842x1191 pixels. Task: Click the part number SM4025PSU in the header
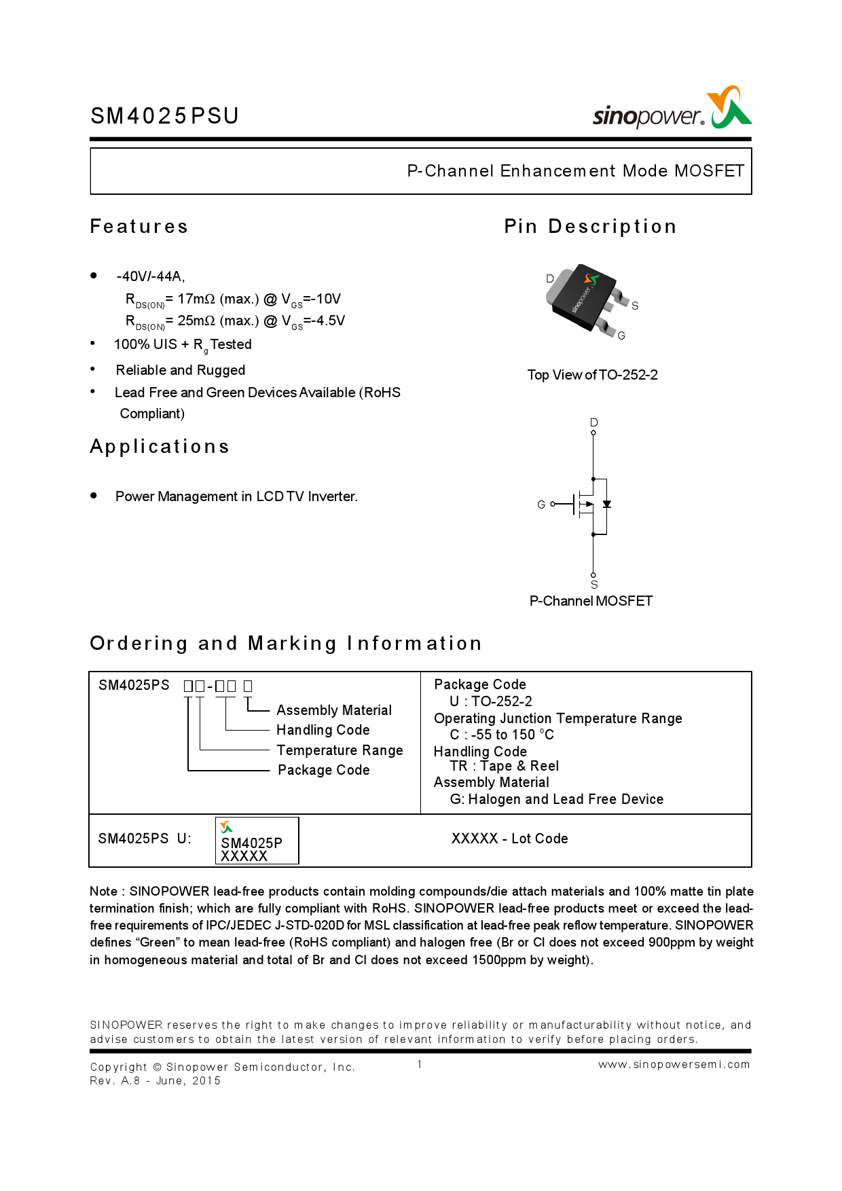pyautogui.click(x=164, y=116)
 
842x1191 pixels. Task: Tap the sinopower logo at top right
pyautogui.click(x=672, y=110)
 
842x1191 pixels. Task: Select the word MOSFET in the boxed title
pyautogui.click(x=709, y=171)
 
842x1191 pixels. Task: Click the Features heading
pyautogui.click(x=139, y=227)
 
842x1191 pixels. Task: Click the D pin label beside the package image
pyautogui.click(x=550, y=278)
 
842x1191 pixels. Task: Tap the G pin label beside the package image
pyautogui.click(x=621, y=335)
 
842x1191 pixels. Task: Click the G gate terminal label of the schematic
pyautogui.click(x=541, y=505)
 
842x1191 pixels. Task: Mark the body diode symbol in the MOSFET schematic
pyautogui.click(x=607, y=505)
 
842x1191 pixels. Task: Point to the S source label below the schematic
pyautogui.click(x=594, y=585)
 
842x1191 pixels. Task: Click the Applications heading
pyautogui.click(x=160, y=447)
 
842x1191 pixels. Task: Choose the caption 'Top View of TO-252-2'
pyautogui.click(x=592, y=375)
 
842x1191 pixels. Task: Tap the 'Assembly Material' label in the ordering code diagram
pyautogui.click(x=334, y=710)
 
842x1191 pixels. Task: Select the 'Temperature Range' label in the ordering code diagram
pyautogui.click(x=340, y=750)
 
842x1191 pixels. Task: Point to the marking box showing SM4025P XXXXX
pyautogui.click(x=257, y=841)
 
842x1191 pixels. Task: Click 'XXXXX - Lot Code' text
pyautogui.click(x=509, y=839)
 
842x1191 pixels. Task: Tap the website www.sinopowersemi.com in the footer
pyautogui.click(x=674, y=1065)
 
